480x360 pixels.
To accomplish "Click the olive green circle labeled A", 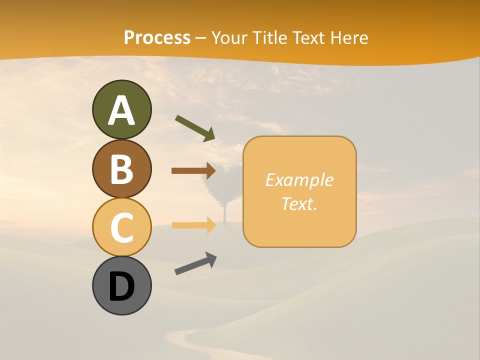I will coord(121,109).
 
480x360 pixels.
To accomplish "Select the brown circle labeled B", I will coord(121,168).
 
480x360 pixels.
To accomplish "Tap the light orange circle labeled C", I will coord(121,226).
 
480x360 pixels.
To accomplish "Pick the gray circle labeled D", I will coord(121,285).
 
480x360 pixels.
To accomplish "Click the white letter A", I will coord(121,110).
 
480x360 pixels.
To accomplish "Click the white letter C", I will coord(121,227).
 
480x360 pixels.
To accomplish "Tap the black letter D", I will coord(121,286).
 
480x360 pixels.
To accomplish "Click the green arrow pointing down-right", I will coord(195,128).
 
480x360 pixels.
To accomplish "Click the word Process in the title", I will coord(157,37).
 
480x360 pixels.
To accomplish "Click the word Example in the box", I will coord(299,180).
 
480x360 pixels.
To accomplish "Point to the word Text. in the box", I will coord(299,203).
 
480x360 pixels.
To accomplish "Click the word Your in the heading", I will coord(229,37).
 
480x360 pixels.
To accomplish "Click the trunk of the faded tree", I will coord(224,212).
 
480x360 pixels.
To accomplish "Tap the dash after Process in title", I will coord(200,38).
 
